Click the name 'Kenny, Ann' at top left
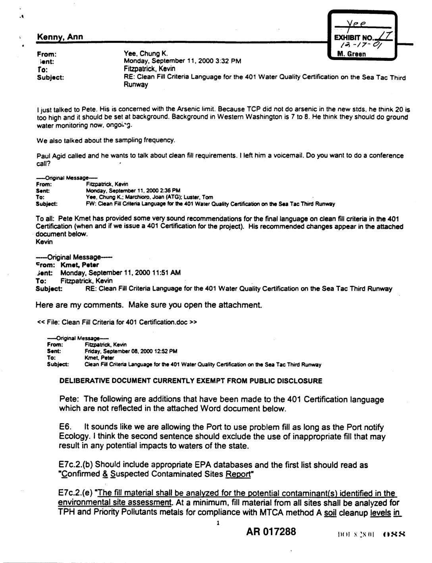[x=60, y=37]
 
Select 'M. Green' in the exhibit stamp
[x=351, y=54]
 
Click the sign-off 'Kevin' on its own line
[x=44, y=242]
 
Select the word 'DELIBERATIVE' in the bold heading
[x=81, y=381]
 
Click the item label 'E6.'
[x=66, y=427]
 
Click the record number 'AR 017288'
[x=271, y=532]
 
